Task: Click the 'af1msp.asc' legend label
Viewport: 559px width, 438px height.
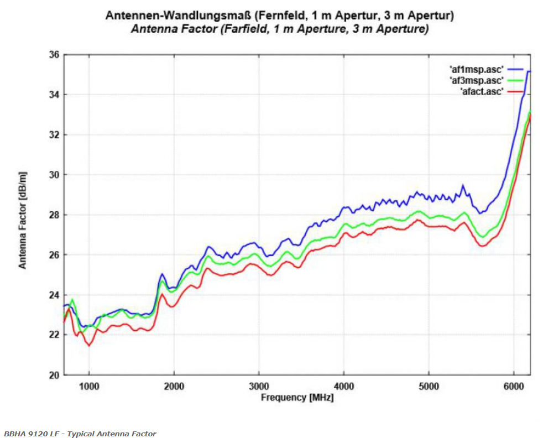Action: click(476, 69)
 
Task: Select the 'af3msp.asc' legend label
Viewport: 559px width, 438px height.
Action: click(476, 81)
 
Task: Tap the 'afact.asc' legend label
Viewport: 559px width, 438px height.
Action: click(481, 92)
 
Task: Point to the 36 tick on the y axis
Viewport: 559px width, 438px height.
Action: click(54, 55)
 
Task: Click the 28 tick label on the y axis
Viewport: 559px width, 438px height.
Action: click(54, 215)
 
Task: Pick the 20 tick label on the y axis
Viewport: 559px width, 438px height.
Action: click(54, 375)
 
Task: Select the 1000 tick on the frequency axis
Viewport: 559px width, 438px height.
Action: click(89, 385)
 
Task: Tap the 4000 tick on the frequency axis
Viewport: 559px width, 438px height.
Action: click(344, 385)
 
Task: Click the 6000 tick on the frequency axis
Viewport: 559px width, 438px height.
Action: click(514, 385)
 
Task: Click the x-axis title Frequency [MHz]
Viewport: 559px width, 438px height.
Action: click(297, 397)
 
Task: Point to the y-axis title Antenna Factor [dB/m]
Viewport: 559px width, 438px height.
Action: click(23, 220)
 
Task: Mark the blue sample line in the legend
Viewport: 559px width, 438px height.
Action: click(515, 69)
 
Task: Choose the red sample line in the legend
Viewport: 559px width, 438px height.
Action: click(515, 92)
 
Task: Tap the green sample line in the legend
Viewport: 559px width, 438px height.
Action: click(515, 81)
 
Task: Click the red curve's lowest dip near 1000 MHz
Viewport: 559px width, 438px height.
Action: click(89, 346)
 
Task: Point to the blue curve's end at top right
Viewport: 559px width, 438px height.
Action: click(529, 71)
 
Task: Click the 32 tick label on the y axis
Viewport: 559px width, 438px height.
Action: click(54, 135)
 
